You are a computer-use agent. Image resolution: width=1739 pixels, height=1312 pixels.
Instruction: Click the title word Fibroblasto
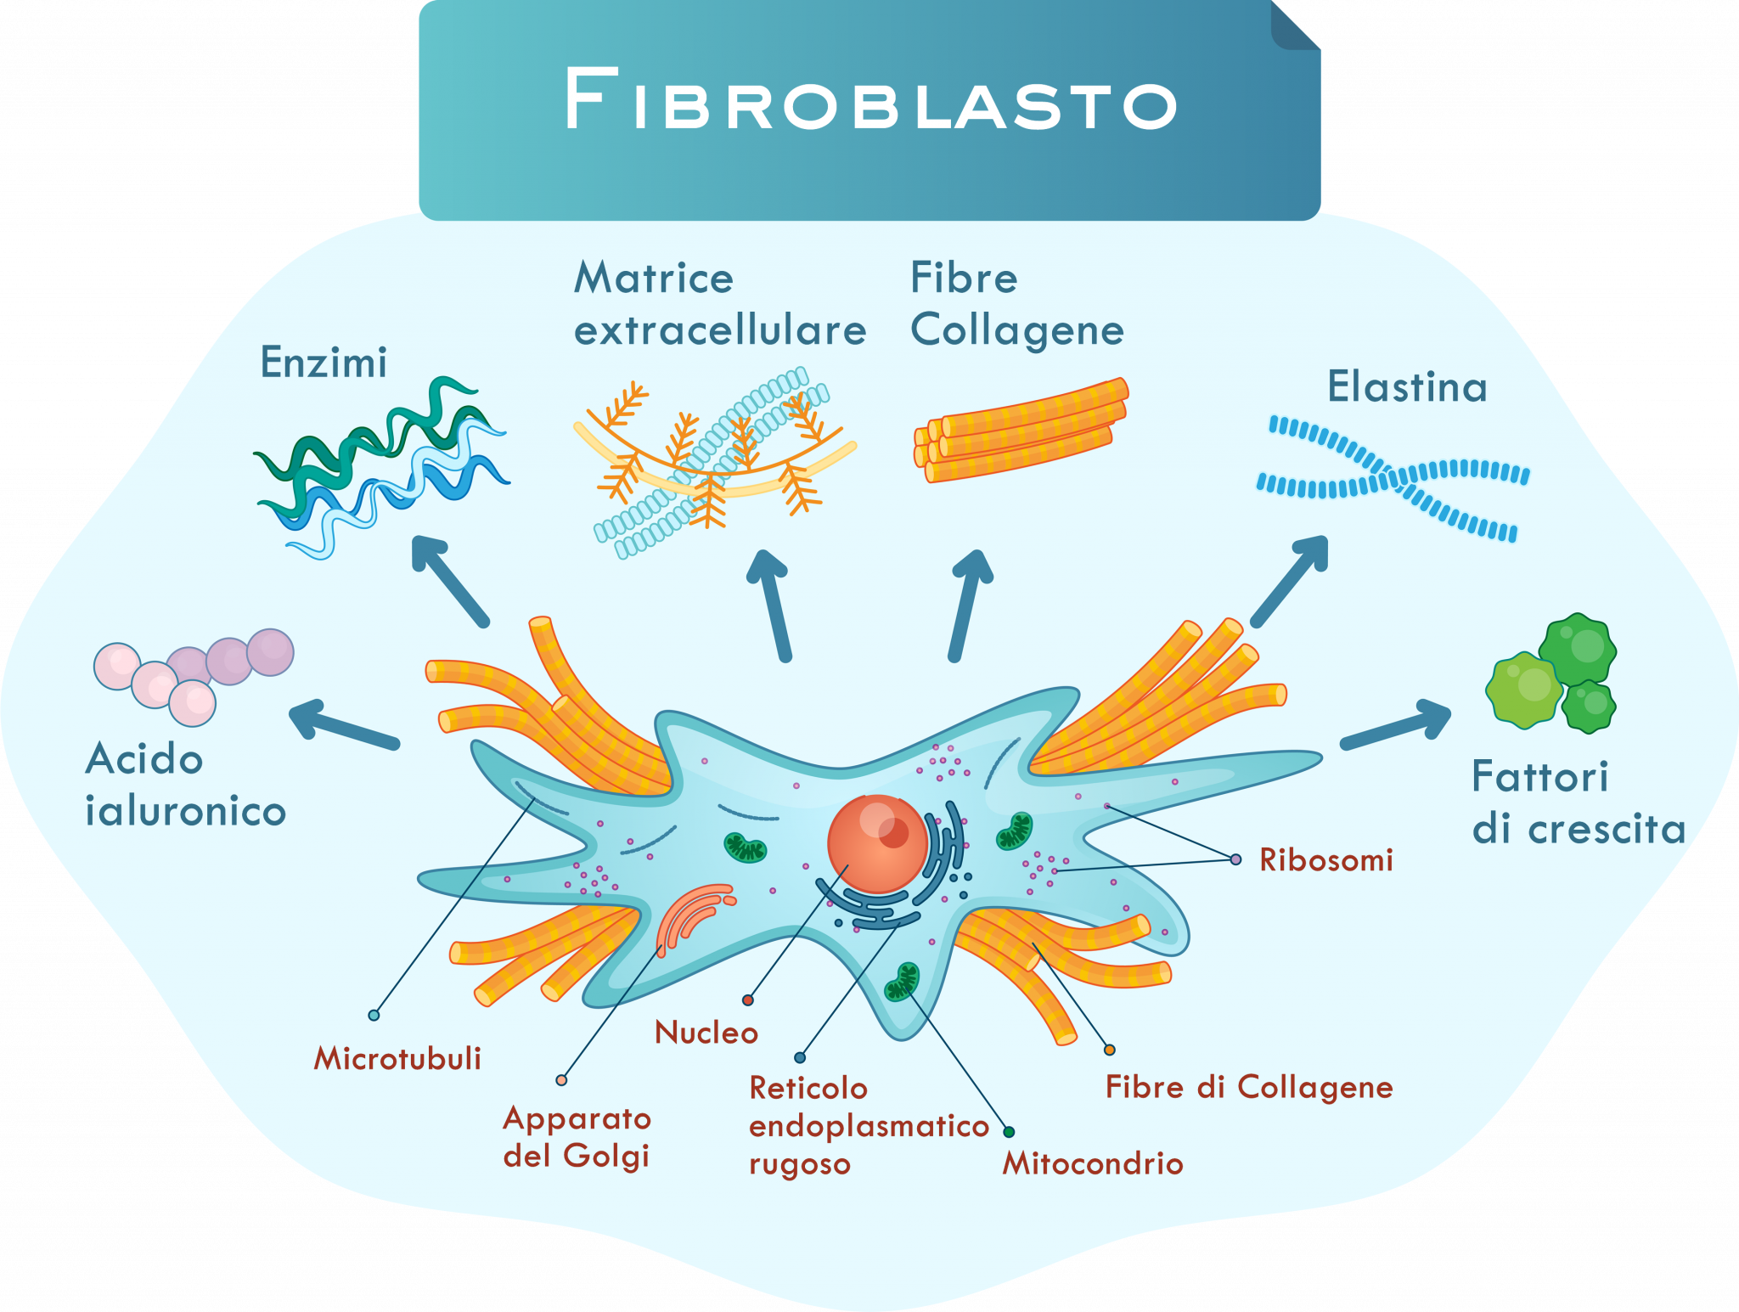(870, 100)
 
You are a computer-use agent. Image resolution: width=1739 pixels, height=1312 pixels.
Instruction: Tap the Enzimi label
(324, 363)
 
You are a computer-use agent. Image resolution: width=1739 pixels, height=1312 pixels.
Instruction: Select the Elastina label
(1407, 387)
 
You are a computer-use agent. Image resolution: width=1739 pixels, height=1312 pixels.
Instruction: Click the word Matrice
(653, 279)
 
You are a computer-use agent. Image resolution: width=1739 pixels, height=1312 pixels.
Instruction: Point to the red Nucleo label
(706, 1033)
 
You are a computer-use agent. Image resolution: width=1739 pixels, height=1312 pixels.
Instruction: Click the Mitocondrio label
(1093, 1163)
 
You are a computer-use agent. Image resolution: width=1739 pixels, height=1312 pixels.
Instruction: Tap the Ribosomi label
(1325, 860)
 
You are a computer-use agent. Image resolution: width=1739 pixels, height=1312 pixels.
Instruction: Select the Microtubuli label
(397, 1058)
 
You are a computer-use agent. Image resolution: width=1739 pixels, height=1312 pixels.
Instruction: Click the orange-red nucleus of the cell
(877, 843)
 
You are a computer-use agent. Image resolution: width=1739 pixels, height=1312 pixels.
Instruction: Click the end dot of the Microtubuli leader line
(374, 1015)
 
